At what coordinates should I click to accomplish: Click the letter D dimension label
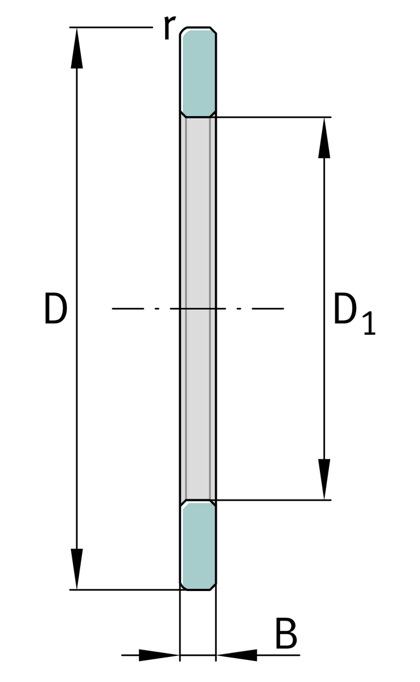click(55, 308)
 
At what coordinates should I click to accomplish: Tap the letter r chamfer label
click(170, 27)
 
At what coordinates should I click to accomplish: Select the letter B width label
click(286, 633)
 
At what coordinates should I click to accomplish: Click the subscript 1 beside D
click(369, 323)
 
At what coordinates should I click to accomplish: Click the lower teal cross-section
click(198, 546)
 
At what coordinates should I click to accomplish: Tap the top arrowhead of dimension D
click(77, 48)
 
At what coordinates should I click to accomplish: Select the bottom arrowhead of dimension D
click(77, 569)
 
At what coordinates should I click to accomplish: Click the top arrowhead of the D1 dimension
click(324, 138)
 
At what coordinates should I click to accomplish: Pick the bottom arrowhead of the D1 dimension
click(324, 479)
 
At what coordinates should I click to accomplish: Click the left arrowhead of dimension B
click(159, 655)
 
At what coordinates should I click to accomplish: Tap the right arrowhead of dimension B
click(237, 655)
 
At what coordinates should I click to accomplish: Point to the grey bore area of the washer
click(198, 308)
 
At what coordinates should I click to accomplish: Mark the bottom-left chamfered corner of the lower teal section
click(183, 587)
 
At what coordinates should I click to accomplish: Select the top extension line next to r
click(111, 27)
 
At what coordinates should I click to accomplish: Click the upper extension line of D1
click(273, 117)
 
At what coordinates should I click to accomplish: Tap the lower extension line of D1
click(273, 500)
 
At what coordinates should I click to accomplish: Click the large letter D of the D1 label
click(345, 308)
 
